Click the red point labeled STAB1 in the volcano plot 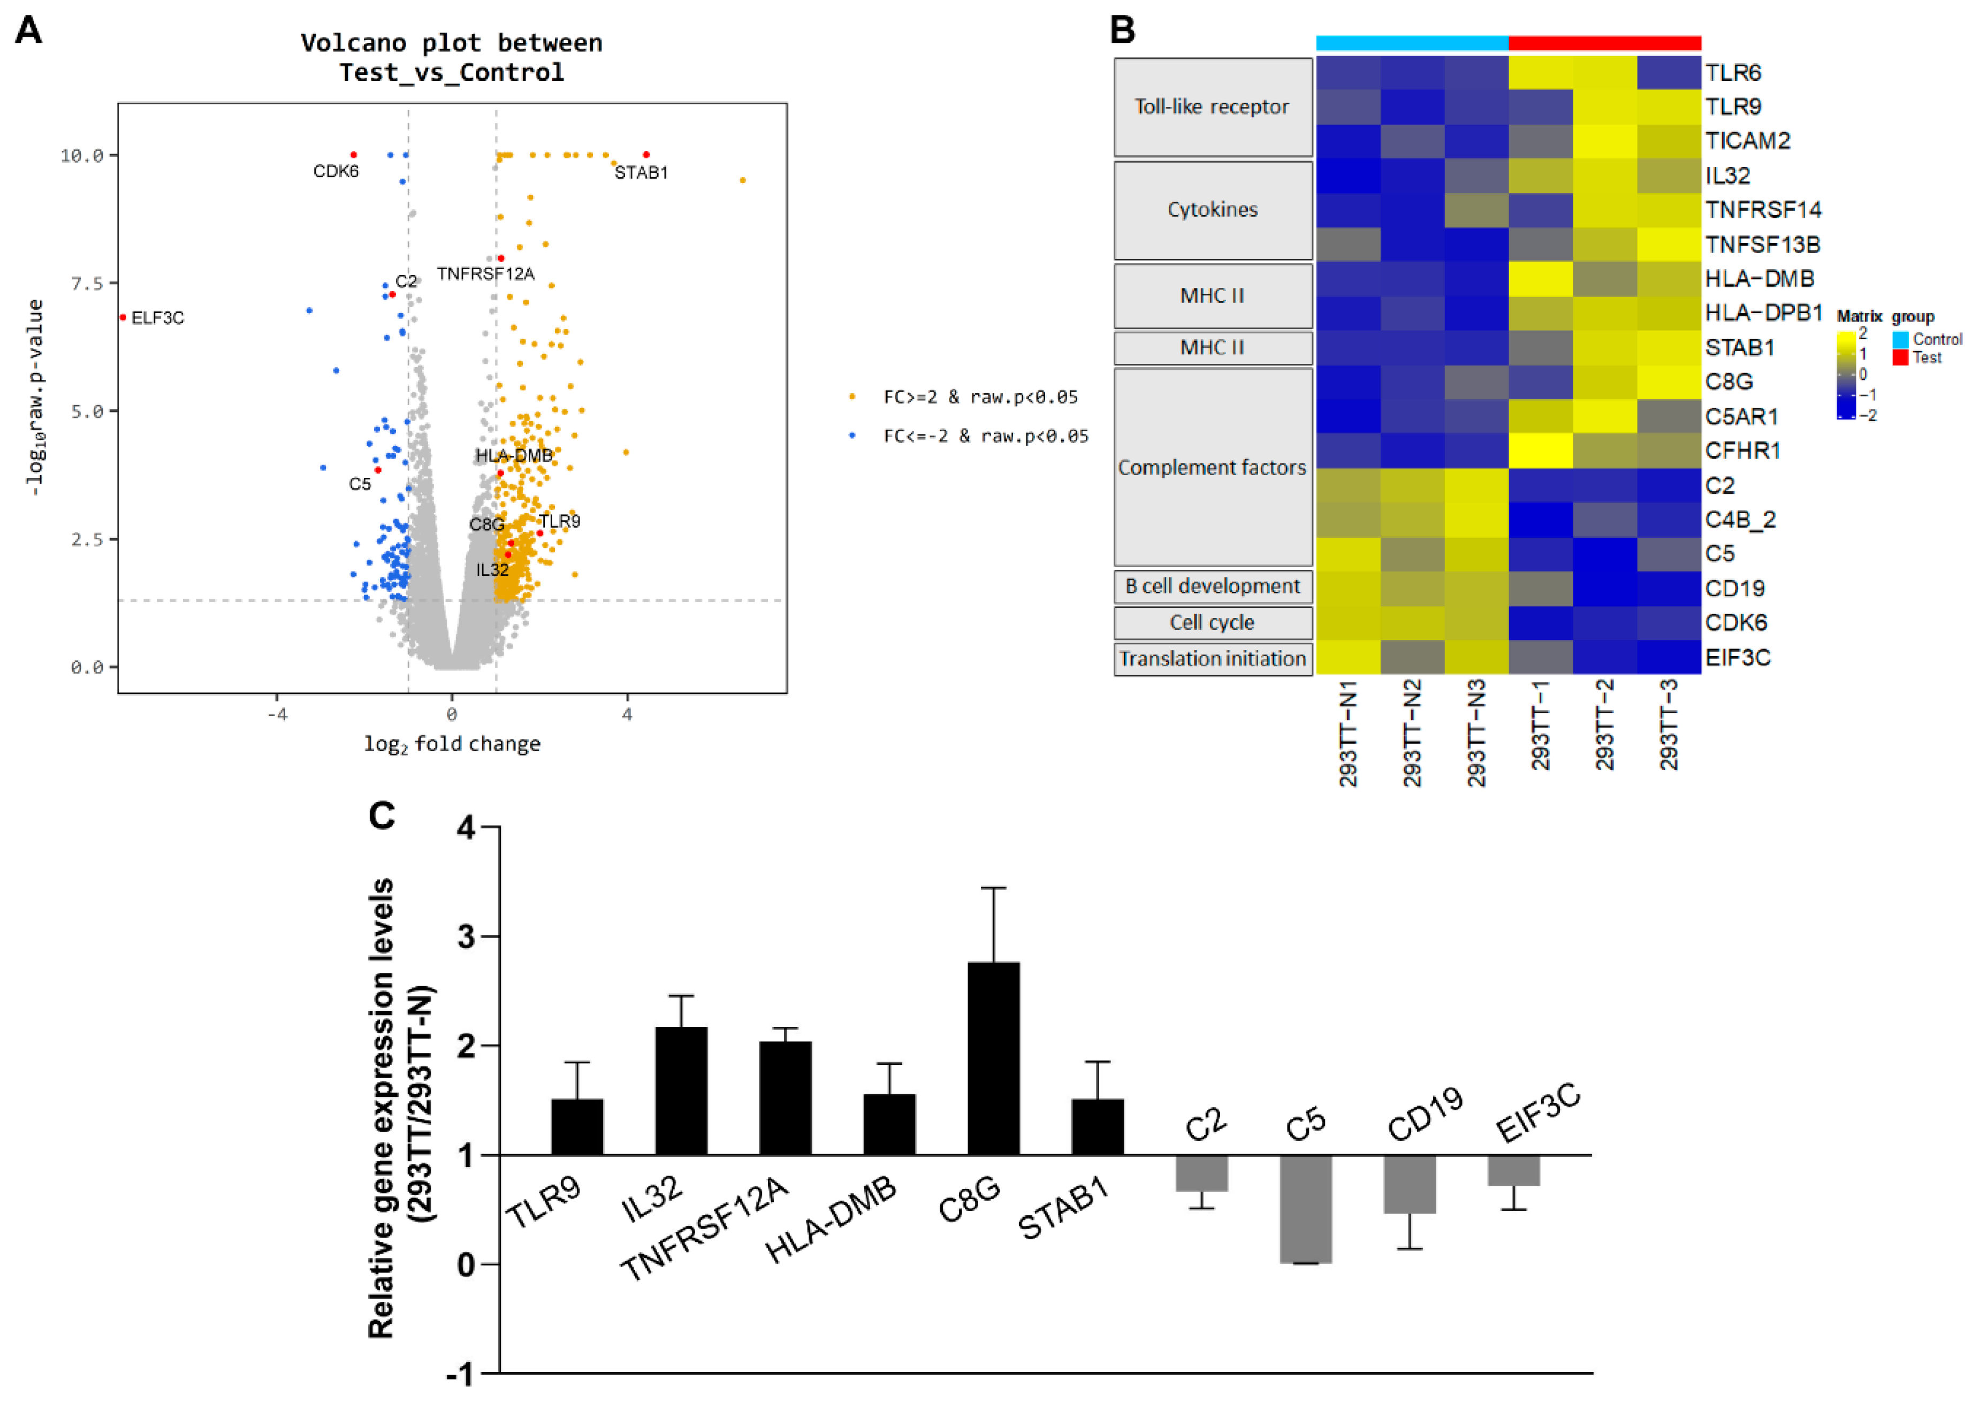pos(645,155)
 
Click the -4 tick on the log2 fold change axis pos(277,714)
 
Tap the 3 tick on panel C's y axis pos(467,936)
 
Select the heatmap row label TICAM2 pos(1747,141)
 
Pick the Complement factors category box pos(1212,467)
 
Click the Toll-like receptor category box pos(1212,107)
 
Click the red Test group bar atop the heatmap pos(1604,42)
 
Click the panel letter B pos(1121,30)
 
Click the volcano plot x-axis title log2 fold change pos(452,744)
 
